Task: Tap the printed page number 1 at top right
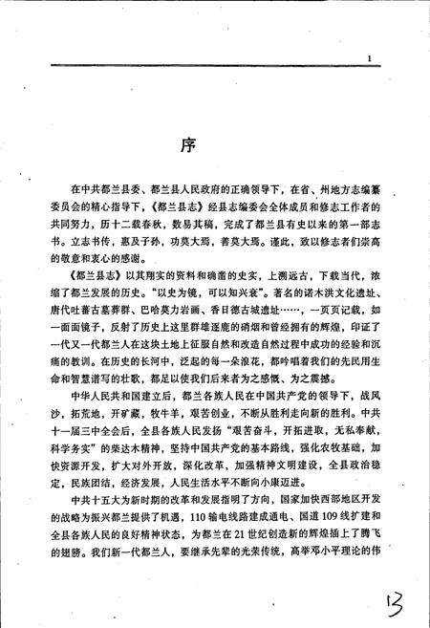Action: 370,60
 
